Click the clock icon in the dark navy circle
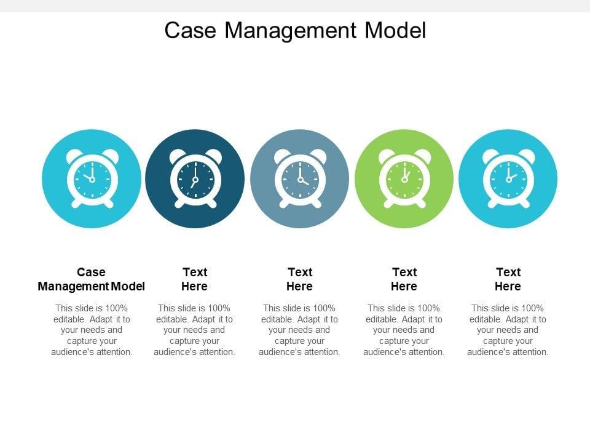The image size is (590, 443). (x=195, y=179)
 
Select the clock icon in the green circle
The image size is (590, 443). (x=404, y=179)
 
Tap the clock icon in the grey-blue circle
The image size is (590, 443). (x=300, y=179)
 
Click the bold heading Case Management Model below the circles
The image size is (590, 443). (x=91, y=279)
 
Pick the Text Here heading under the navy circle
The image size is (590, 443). (x=195, y=279)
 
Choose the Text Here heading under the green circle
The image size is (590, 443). (x=404, y=279)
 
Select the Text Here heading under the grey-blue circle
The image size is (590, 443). (x=300, y=279)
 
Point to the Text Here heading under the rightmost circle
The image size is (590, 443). (x=508, y=279)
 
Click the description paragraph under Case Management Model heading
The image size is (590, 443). (x=92, y=330)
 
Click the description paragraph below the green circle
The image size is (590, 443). (x=404, y=330)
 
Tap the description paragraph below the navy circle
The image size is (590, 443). (x=195, y=330)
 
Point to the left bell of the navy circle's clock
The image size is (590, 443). (x=178, y=155)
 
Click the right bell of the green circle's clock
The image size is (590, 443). (x=422, y=155)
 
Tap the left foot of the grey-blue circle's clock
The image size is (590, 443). (x=284, y=203)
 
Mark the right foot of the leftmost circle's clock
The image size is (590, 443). (x=108, y=203)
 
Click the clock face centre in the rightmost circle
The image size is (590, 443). (x=508, y=179)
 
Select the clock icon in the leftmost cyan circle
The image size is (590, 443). (x=91, y=179)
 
